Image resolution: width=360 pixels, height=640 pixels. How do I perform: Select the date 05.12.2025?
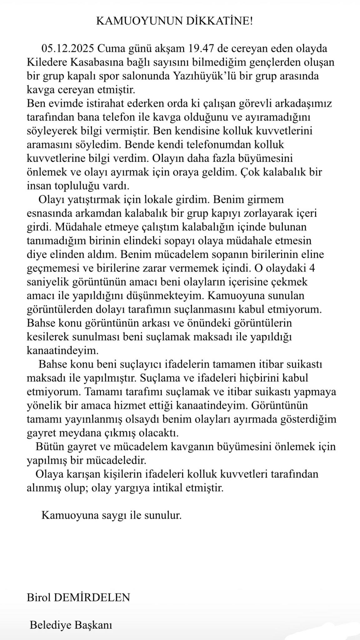tap(68, 49)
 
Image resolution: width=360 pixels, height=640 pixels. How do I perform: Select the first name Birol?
tap(39, 598)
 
